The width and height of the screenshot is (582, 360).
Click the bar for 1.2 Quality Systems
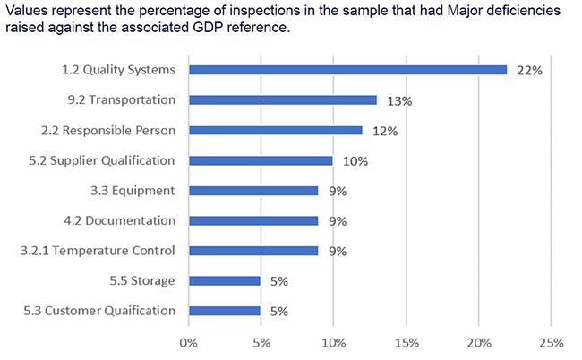(x=347, y=70)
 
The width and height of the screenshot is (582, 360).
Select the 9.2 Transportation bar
(x=282, y=100)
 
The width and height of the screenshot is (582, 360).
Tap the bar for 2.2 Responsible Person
(x=275, y=130)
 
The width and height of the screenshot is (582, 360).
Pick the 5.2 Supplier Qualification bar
(x=261, y=160)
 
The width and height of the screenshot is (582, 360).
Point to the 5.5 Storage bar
(x=224, y=280)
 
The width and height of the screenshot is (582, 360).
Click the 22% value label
(x=530, y=71)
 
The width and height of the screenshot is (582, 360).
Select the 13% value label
(x=399, y=101)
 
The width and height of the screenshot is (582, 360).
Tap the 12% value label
(x=385, y=131)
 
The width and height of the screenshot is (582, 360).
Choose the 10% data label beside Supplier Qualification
(x=356, y=161)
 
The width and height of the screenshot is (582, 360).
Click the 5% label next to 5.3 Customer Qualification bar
(x=278, y=312)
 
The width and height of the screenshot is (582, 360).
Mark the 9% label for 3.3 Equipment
(x=338, y=191)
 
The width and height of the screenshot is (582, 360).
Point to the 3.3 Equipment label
(x=138, y=191)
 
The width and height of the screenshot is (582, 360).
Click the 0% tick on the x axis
(x=188, y=342)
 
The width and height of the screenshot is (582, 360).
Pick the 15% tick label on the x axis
(x=406, y=342)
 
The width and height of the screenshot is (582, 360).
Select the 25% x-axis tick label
(x=551, y=342)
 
